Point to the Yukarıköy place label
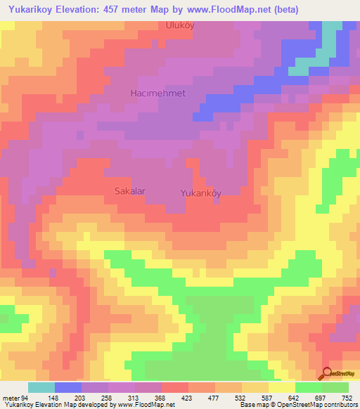[x=201, y=193]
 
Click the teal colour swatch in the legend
[x=41, y=387]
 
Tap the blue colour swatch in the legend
[x=68, y=387]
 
